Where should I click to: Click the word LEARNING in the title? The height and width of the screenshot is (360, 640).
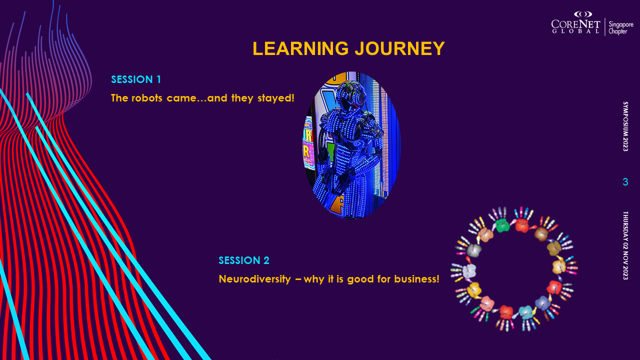[300, 48]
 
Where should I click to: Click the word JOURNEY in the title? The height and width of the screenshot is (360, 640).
[400, 48]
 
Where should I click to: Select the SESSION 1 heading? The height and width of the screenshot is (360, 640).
[136, 79]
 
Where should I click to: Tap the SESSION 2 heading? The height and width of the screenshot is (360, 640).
[244, 260]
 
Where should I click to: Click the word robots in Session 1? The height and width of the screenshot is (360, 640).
[147, 98]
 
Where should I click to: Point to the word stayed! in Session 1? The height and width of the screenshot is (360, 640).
[276, 98]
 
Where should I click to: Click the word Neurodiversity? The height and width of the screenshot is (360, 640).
[255, 279]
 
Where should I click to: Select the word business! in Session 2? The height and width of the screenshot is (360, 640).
[417, 279]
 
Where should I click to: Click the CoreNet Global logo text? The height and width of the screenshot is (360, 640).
[575, 26]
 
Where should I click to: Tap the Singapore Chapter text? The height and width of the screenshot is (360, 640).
[621, 27]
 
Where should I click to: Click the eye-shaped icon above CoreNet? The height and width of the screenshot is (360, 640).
[583, 14]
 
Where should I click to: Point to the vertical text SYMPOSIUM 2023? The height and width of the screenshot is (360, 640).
[625, 126]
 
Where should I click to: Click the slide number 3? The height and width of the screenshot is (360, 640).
[625, 182]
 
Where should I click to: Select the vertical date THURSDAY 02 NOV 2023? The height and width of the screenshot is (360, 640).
[625, 245]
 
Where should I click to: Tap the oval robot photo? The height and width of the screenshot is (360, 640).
[351, 145]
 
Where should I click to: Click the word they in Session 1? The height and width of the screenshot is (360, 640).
[242, 98]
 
